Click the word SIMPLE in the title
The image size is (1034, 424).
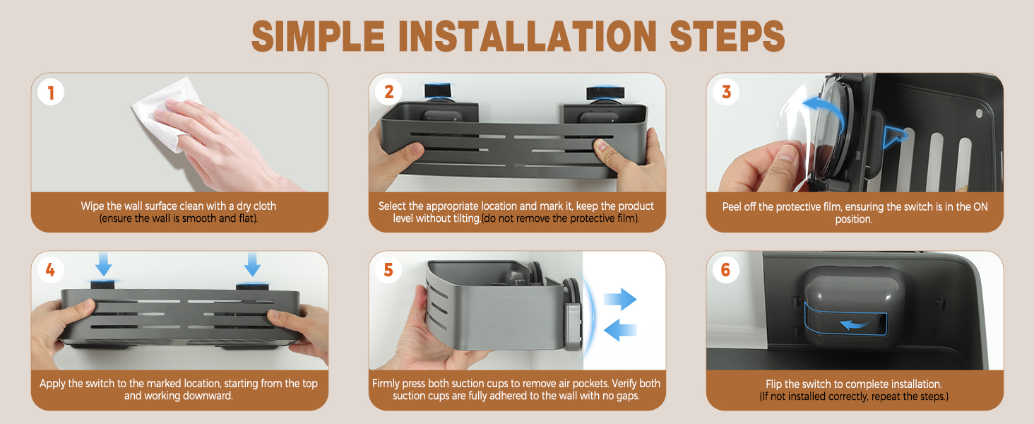point(318,36)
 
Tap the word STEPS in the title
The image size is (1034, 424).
point(727,36)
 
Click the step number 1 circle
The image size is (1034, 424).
point(51,93)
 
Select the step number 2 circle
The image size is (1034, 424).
point(388,92)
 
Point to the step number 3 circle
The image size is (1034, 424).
point(726,92)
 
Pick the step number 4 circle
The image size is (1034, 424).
point(51,270)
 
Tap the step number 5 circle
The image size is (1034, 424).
point(388,270)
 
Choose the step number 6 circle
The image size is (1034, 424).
point(726,270)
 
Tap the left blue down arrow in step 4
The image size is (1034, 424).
point(104,264)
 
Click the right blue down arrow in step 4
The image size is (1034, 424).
point(252,264)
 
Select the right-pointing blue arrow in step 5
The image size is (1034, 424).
point(620,300)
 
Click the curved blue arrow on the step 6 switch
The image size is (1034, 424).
point(856,324)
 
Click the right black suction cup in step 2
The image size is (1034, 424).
point(605,93)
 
